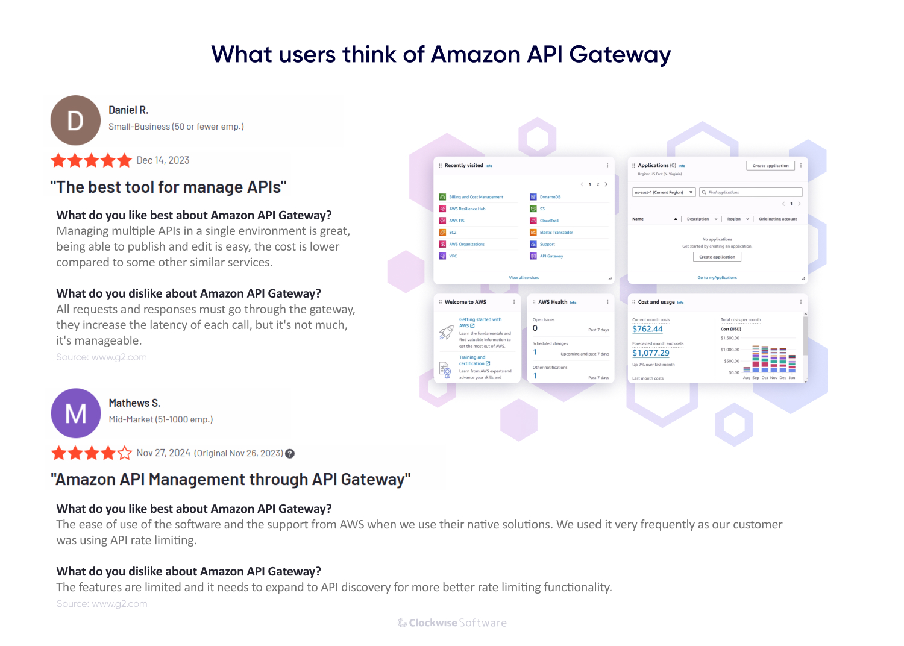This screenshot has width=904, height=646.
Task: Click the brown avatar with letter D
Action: point(75,121)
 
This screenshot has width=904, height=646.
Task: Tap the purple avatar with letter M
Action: point(76,413)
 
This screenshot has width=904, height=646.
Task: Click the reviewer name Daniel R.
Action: point(128,110)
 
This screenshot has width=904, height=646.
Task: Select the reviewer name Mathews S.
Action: point(134,403)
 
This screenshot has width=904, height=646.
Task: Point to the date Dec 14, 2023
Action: point(163,160)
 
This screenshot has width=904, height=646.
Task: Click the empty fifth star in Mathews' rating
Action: point(125,453)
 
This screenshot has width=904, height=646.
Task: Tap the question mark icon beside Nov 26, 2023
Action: point(290,454)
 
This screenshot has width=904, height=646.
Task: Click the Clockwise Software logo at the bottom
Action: point(452,623)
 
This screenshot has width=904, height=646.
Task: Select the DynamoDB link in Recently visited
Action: point(550,197)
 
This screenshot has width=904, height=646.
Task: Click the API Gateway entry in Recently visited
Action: point(551,256)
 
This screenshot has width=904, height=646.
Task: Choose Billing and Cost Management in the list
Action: point(476,197)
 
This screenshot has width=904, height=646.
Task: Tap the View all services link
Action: point(524,278)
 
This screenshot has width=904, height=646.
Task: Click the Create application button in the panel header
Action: point(770,166)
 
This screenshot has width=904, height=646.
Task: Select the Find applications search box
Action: point(750,192)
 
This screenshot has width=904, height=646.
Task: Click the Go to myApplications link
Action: point(717,278)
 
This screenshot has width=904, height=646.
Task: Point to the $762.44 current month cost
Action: point(647,329)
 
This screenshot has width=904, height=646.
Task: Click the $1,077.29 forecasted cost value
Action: point(651,353)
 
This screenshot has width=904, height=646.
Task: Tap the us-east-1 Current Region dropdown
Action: point(664,192)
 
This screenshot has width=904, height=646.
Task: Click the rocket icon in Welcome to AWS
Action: point(446,332)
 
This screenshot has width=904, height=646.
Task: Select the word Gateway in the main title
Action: point(620,55)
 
